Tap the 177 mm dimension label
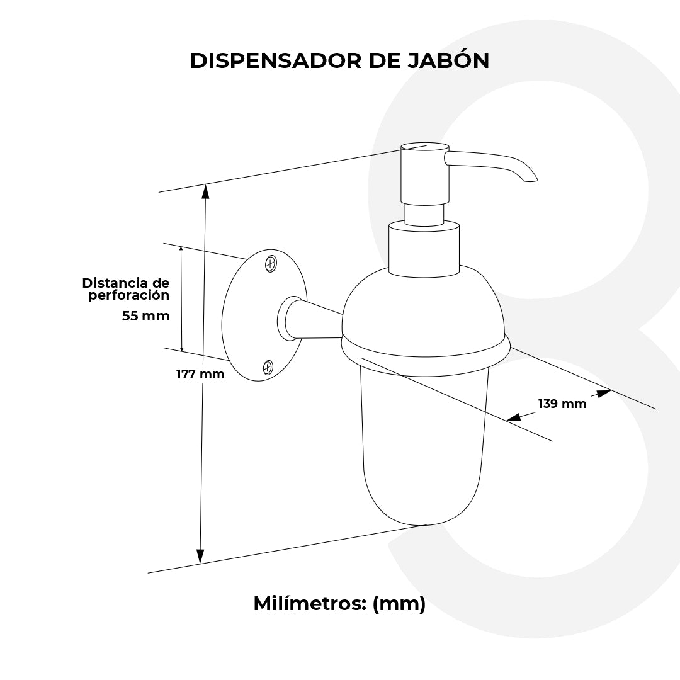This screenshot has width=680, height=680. click(200, 374)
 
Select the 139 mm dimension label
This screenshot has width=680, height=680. click(562, 404)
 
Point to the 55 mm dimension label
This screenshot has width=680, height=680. click(146, 316)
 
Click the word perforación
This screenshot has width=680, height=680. click(129, 295)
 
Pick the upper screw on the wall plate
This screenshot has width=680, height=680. click(271, 263)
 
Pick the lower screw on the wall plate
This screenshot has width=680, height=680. click(268, 366)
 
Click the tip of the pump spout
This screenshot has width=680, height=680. click(531, 181)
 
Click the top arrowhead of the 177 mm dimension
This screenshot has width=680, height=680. click(205, 191)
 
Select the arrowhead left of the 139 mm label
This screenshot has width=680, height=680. click(514, 416)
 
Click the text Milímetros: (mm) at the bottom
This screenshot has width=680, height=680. click(339, 603)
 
